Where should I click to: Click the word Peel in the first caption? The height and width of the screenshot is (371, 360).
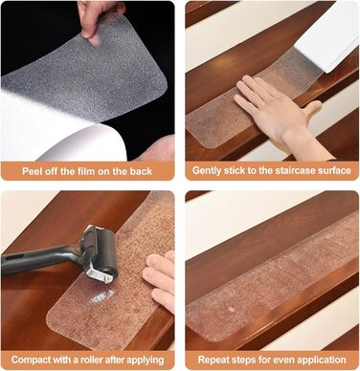[x=32, y=171]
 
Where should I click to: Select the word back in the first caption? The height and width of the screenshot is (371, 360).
[x=141, y=171]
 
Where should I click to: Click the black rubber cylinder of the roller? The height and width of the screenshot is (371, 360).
[x=107, y=254]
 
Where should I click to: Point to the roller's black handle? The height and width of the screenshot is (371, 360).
[x=36, y=259]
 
